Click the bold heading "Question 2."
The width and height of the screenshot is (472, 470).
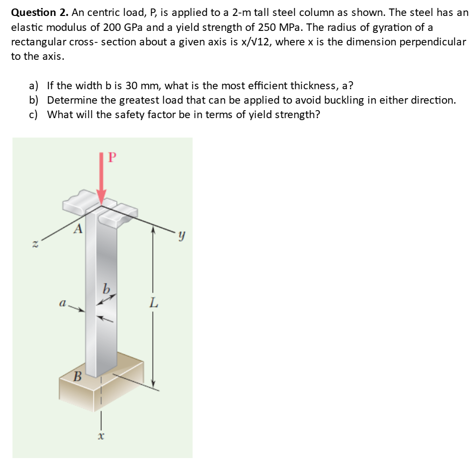pos(40,12)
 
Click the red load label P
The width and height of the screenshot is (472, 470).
pos(112,157)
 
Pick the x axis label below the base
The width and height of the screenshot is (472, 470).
pos(101,436)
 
